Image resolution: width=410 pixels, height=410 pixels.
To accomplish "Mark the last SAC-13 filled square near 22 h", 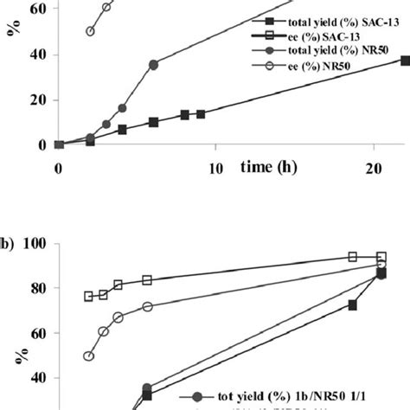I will coord(406,60).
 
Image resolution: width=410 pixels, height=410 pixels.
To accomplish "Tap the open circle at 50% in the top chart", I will coord(90,31).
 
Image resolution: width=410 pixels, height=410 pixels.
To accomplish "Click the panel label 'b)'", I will coord(6,243).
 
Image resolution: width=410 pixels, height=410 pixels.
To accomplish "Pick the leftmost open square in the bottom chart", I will coord(88,296).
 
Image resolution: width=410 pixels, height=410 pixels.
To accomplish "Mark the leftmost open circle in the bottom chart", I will coord(88,356).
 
